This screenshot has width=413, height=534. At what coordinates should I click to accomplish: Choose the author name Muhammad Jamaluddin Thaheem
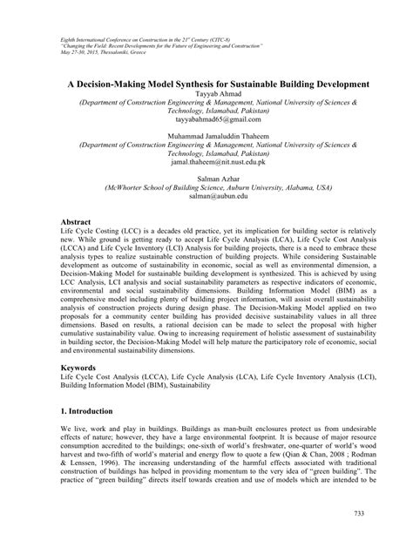click(x=206, y=136)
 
